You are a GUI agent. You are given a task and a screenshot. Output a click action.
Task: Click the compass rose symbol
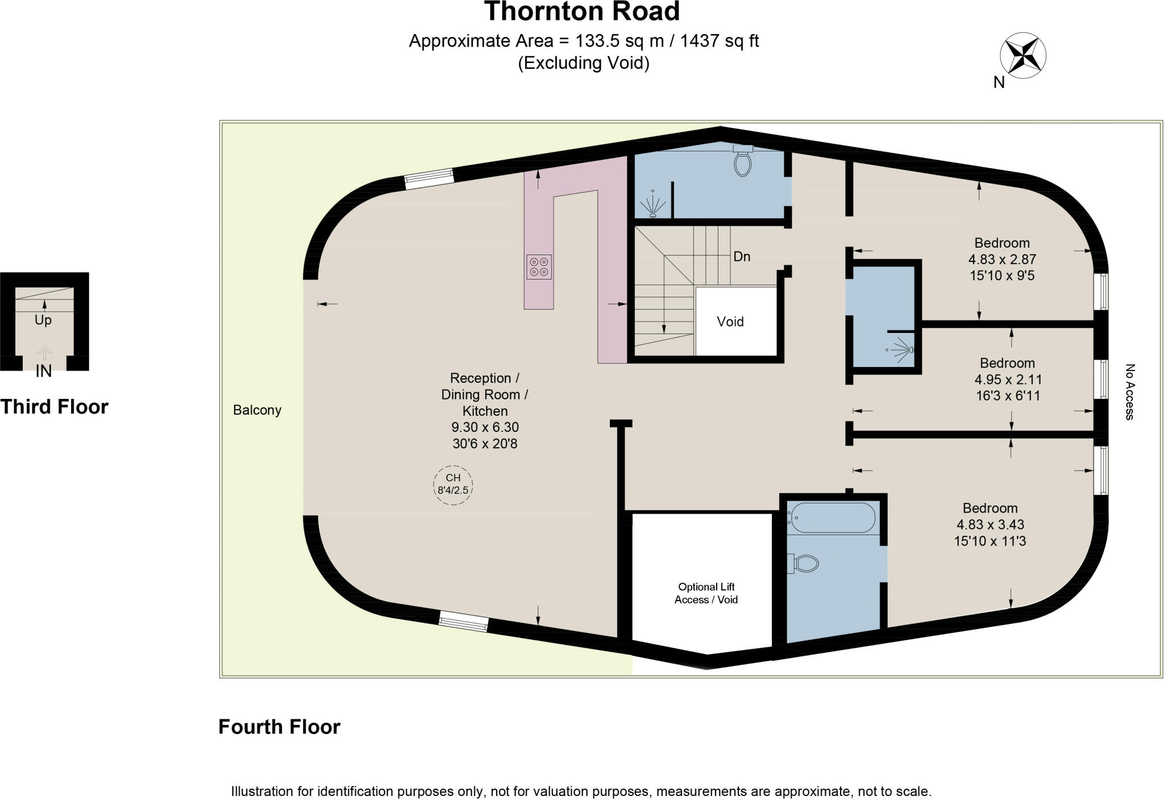point(1022,56)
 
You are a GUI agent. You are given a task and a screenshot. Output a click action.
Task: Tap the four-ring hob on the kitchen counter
point(539,267)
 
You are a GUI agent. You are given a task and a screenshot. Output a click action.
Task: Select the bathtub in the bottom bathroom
point(834,518)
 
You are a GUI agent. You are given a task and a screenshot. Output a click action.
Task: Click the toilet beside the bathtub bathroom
point(805,564)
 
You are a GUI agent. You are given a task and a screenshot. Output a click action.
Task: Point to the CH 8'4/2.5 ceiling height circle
point(453,485)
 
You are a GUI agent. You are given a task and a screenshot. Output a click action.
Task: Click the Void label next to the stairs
point(730,322)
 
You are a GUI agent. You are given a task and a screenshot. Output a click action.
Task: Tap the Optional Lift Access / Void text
point(706,593)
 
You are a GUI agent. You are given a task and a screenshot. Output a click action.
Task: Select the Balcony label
point(257,410)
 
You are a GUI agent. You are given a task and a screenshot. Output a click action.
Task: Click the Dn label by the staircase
point(742,257)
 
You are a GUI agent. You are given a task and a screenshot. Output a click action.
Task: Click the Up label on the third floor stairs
point(43,320)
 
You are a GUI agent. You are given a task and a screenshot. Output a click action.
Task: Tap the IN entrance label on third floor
point(44,371)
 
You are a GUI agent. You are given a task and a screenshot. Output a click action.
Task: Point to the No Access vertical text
point(1130,392)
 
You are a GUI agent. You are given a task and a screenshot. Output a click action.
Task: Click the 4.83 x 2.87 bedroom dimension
point(1002,259)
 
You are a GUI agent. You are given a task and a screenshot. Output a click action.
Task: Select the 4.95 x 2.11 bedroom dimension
point(1008,379)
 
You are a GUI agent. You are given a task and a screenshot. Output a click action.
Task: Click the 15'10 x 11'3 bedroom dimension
point(990,541)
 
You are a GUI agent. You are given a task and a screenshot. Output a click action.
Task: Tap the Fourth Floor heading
point(279,727)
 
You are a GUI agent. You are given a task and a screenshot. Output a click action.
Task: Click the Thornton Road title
point(581,11)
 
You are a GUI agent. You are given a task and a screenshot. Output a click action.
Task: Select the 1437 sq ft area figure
point(720,41)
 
